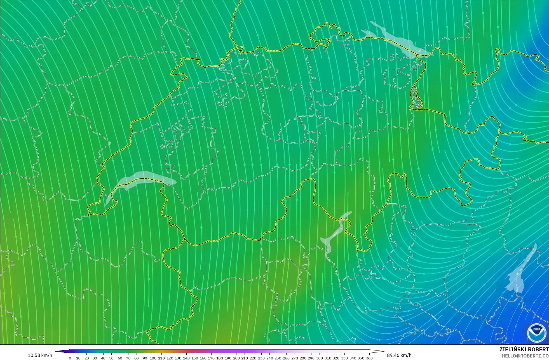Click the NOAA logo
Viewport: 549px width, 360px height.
point(537,333)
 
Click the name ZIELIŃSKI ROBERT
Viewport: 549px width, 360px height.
point(524,350)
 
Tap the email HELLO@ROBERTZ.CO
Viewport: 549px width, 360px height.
point(525,356)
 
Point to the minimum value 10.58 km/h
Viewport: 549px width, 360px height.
point(40,355)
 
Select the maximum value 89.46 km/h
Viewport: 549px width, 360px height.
point(399,355)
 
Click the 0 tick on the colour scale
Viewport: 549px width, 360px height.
point(70,358)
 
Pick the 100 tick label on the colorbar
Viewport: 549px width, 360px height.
point(153,358)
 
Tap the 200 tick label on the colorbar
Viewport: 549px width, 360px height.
point(236,358)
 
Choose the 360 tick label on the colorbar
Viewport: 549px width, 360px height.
point(369,358)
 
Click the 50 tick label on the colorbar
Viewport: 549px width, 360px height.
point(111,358)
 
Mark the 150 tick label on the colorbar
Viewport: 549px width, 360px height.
point(194,358)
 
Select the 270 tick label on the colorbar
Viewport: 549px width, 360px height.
point(294,358)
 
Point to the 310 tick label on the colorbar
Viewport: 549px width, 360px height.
point(328,358)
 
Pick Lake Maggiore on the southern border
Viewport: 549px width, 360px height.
point(333,238)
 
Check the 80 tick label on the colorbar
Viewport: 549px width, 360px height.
point(136,358)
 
